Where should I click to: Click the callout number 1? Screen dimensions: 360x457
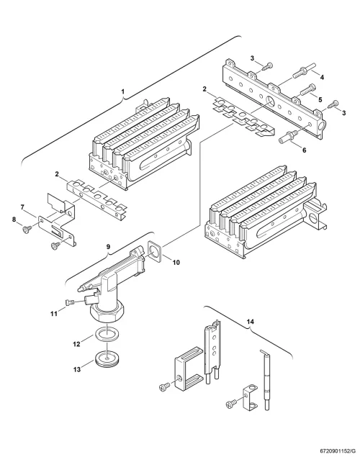click(122, 91)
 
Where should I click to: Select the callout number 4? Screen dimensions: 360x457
click(322, 78)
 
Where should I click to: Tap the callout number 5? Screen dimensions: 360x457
click(320, 100)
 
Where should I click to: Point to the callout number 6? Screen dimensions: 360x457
click(305, 150)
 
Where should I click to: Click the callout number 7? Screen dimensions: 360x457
click(22, 207)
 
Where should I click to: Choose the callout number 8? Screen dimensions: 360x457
click(14, 220)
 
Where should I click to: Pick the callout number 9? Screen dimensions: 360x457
click(108, 247)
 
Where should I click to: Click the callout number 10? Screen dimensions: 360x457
click(176, 262)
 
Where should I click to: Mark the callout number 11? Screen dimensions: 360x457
click(54, 314)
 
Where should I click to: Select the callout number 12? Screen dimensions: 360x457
click(76, 344)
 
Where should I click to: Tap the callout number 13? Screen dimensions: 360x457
click(76, 370)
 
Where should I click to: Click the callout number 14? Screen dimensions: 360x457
click(250, 322)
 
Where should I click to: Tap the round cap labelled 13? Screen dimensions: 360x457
click(108, 358)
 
